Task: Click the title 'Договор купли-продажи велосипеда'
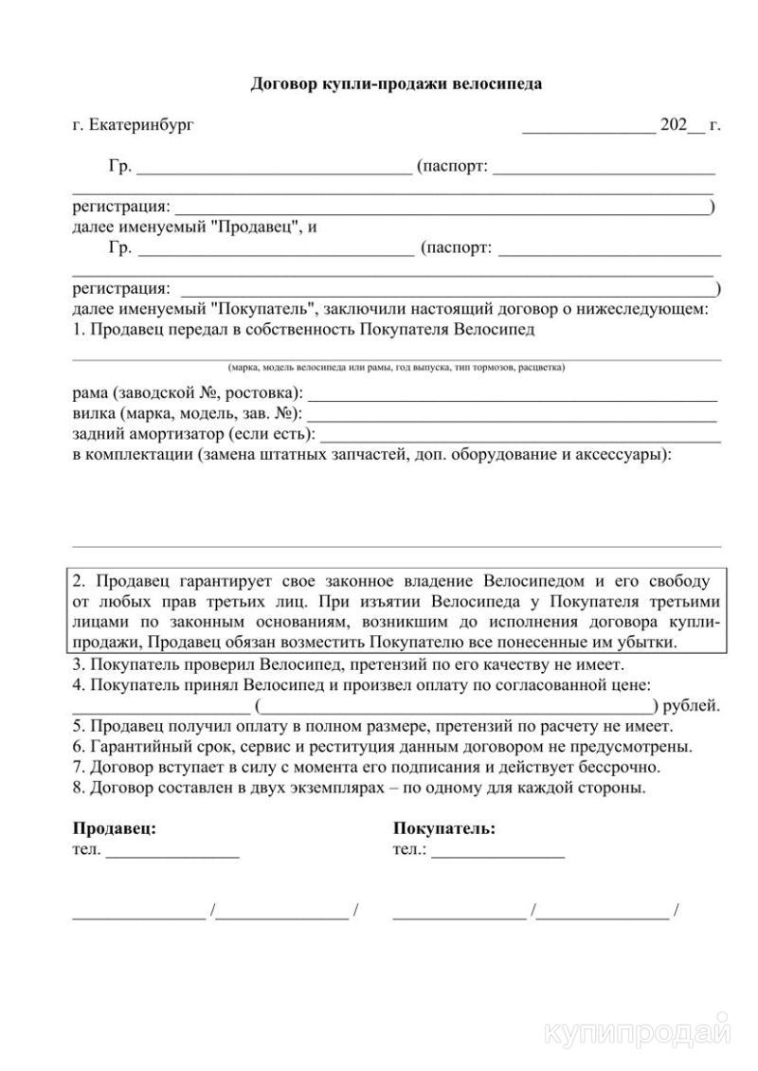[x=396, y=83]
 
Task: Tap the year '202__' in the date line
[x=682, y=124]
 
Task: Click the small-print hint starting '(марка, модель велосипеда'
[x=396, y=367]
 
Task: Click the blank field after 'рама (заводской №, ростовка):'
[x=512, y=396]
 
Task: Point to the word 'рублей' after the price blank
[x=692, y=705]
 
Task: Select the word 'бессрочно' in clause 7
[x=622, y=767]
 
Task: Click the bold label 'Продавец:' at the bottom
[x=115, y=827]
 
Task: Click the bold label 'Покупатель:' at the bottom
[x=443, y=827]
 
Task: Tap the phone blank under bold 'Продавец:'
[x=172, y=853]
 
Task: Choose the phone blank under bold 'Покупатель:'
[x=497, y=853]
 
